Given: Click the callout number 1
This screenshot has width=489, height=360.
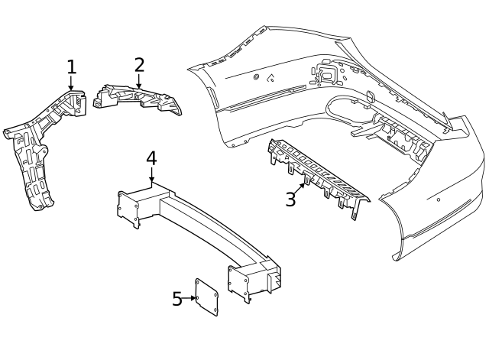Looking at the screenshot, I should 71,67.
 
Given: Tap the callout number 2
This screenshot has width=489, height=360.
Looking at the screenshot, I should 139,65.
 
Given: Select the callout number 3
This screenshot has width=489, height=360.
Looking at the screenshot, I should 290,199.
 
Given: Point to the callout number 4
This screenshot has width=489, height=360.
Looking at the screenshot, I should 151,158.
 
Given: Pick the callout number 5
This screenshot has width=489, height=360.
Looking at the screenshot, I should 177,298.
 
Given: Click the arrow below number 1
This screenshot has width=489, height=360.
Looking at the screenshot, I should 71,86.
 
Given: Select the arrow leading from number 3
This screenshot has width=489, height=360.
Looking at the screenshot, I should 300,187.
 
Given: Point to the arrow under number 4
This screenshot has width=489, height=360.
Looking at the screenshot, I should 151,177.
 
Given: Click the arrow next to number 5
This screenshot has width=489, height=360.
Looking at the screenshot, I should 191,298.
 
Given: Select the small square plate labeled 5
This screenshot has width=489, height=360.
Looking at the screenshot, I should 207,297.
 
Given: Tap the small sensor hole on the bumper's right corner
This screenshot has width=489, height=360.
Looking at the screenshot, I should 438,200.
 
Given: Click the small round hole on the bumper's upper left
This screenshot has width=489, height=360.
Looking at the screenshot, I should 254,77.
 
